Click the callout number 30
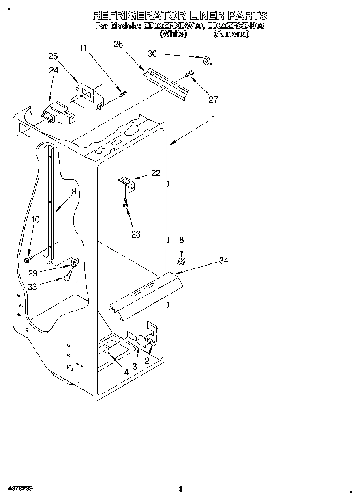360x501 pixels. coord(140,53)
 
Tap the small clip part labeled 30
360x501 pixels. coord(208,60)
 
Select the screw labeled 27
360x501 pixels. coord(189,74)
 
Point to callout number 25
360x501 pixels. coord(53,56)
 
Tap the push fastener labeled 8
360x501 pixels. coord(181,260)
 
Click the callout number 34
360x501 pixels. coord(224,261)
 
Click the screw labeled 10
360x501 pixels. coord(29,258)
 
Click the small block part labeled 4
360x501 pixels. coord(107,349)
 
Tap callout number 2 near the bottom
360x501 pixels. coord(147,360)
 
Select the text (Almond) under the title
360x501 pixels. coord(231,34)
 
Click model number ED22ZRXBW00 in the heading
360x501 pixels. coord(173,26)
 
